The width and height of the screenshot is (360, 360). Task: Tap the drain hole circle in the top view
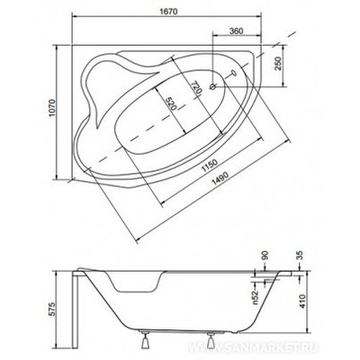click(212, 87)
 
